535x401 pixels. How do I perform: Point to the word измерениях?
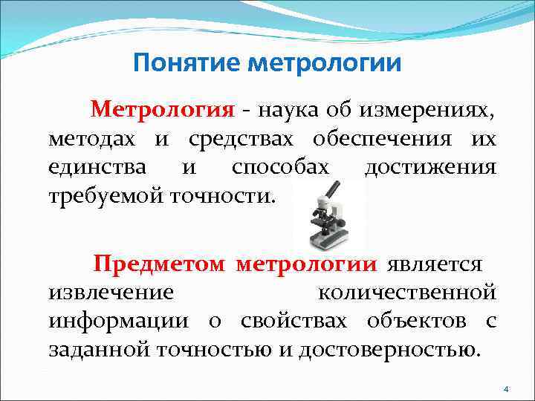pyautogui.click(x=428, y=111)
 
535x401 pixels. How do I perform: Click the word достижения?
pyautogui.click(x=430, y=167)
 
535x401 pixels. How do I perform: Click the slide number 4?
pyautogui.click(x=506, y=389)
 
